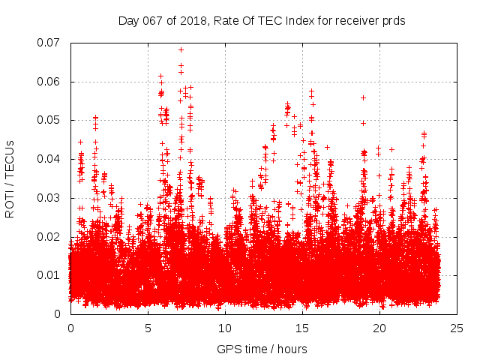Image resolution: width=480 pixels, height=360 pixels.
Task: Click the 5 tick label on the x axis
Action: pos(148,328)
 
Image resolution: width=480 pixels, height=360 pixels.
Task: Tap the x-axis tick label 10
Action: pos(225,328)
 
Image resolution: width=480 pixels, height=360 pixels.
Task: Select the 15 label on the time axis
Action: pos(302,328)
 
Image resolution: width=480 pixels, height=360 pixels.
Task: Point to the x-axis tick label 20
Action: pos(379,328)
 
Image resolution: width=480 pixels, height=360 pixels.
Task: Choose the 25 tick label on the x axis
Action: pos(457,328)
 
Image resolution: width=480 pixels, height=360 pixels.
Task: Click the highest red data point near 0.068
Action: pos(181,50)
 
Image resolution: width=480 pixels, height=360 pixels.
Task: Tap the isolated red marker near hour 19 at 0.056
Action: pos(363,97)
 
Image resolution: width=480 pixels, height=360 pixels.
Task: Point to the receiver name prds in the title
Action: pos(394,20)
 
